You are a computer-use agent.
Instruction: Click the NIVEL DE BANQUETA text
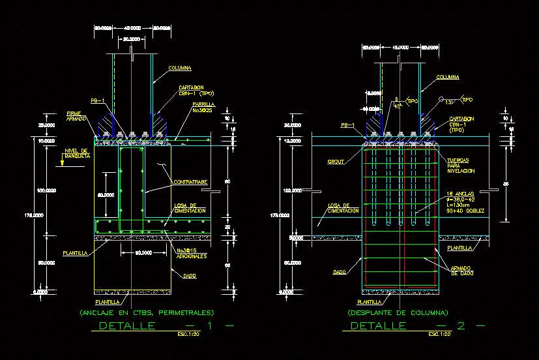pyautogui.click(x=77, y=154)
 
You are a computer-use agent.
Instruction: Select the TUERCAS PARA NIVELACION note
pyautogui.click(x=461, y=165)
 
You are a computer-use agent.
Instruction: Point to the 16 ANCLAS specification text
pyautogui.click(x=464, y=202)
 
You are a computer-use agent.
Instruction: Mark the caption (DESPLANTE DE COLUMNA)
pyautogui.click(x=398, y=313)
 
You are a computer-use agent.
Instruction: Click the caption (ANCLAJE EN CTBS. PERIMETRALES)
pyautogui.click(x=146, y=313)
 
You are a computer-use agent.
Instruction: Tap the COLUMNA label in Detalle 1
pyautogui.click(x=179, y=68)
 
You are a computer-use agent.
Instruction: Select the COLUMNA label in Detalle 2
pyautogui.click(x=447, y=77)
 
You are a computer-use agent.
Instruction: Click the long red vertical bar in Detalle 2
pyautogui.click(x=405, y=215)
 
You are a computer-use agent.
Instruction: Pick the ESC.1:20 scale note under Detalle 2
pyautogui.click(x=439, y=335)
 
